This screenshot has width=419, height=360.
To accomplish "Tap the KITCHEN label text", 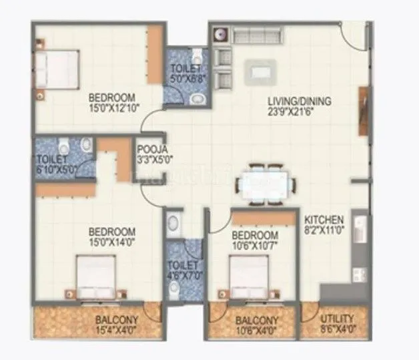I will [324, 219].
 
